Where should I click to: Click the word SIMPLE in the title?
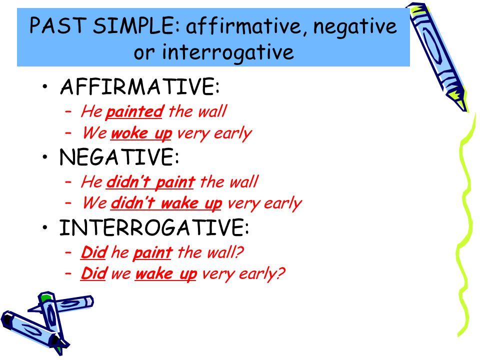tap(133, 25)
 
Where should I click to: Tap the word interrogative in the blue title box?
tap(227, 52)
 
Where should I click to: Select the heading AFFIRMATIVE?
tap(140, 86)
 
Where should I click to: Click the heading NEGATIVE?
tap(119, 156)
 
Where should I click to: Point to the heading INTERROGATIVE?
tap(154, 227)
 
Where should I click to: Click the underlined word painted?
tap(134, 111)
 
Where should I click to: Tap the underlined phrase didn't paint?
tap(150, 182)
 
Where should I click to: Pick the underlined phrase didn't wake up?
tap(166, 204)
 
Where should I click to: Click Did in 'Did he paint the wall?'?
tap(93, 252)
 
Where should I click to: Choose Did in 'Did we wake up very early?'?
tap(93, 273)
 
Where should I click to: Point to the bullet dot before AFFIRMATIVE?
tap(45, 86)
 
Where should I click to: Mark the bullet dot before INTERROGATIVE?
tap(45, 227)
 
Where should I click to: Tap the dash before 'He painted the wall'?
tap(68, 111)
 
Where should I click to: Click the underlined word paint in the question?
tap(152, 253)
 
